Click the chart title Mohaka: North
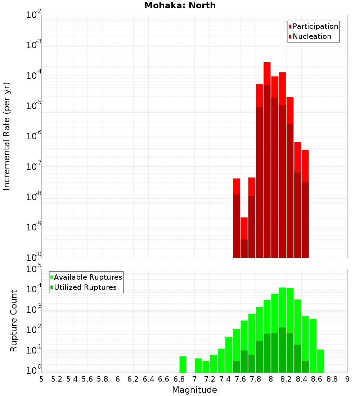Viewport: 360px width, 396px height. pos(180,5)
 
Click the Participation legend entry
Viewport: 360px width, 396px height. pos(315,26)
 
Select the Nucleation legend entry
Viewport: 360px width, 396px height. pos(311,36)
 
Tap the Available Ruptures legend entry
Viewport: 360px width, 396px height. pos(87,277)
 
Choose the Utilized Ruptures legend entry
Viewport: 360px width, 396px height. pos(85,287)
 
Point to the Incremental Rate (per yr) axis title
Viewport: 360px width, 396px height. pos(6,136)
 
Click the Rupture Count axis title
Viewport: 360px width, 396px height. pos(14,321)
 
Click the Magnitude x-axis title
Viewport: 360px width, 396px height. pos(194,390)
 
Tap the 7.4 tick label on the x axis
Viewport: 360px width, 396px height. pos(225,379)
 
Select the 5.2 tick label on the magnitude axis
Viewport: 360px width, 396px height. pos(57,379)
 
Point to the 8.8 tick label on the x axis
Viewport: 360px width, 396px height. pos(332,379)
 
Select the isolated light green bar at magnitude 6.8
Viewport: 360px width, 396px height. pos(183,364)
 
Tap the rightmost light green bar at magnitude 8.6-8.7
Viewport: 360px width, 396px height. pos(320,361)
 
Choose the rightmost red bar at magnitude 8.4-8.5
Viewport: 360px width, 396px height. pos(305,166)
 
